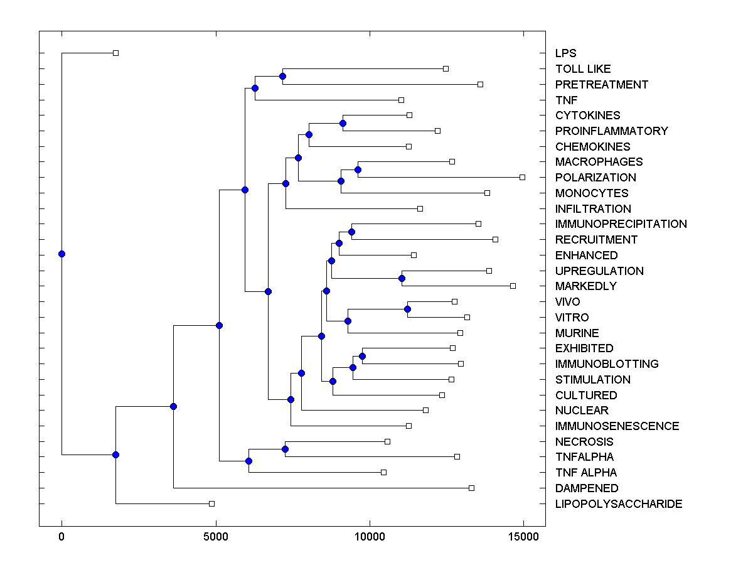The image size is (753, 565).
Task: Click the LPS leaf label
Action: (565, 53)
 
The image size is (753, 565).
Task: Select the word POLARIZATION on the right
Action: (595, 178)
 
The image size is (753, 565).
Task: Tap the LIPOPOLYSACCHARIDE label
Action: (619, 504)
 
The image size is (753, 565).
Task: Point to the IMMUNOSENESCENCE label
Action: (617, 426)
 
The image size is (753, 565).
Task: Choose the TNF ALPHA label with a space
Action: (586, 473)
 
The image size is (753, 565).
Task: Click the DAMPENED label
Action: (587, 488)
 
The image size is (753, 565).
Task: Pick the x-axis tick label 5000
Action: (215, 537)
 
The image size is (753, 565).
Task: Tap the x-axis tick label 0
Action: (61, 537)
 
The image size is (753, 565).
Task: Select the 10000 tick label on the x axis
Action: (370, 537)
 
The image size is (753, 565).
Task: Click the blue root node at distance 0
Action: (61, 254)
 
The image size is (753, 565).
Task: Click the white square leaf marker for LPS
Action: (115, 53)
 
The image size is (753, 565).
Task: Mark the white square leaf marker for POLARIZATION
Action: (522, 177)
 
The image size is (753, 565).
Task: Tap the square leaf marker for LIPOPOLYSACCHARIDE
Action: (211, 503)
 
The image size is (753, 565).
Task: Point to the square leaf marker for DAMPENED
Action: (471, 488)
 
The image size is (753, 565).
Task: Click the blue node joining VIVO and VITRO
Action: (407, 309)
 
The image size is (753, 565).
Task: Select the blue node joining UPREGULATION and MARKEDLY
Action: (402, 278)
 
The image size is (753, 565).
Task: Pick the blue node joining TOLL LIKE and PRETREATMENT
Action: (282, 76)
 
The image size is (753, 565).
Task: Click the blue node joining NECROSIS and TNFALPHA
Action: (285, 449)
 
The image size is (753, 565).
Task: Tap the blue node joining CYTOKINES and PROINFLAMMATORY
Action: (343, 123)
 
